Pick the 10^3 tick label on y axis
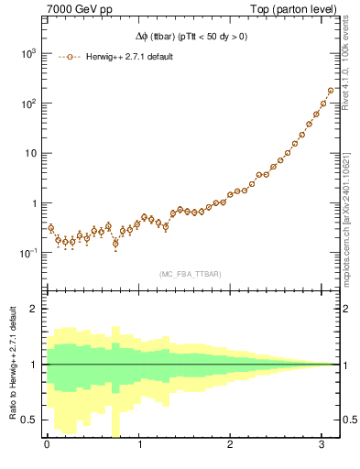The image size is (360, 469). tap(30, 54)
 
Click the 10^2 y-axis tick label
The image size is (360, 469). tap(30, 104)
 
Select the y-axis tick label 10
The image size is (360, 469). tap(33, 153)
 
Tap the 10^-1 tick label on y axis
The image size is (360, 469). tap(29, 252)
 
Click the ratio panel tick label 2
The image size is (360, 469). tap(36, 309)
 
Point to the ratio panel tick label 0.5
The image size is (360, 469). tap(32, 420)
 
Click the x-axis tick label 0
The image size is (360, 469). tap(47, 446)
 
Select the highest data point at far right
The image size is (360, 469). tap(330, 91)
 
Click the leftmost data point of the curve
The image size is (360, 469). tap(51, 227)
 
